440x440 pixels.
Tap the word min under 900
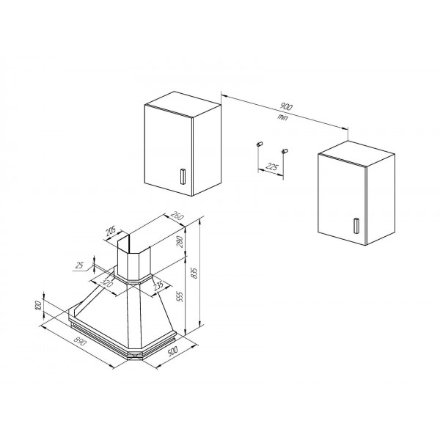click(x=283, y=117)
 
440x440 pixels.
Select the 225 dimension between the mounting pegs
click(x=271, y=167)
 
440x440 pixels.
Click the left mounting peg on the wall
click(x=260, y=144)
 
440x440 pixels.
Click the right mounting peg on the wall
click(x=285, y=151)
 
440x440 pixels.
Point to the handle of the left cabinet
click(x=183, y=177)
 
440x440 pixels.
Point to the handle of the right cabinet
click(x=356, y=226)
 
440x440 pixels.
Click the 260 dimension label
click(x=177, y=216)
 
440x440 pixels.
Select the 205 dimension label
click(x=110, y=232)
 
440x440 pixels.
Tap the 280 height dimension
click(x=180, y=241)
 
